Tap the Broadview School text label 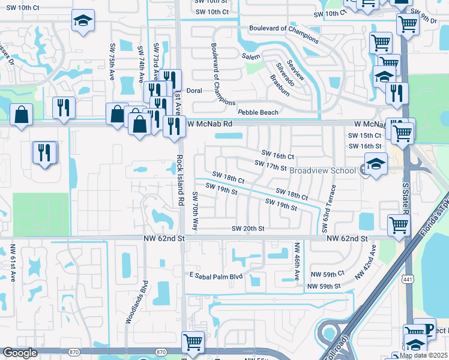coord(324,170)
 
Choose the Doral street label coord(194,91)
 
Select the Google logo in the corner coord(20,353)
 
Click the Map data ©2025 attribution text coord(423,355)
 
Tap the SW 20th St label coord(249,229)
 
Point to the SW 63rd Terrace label coord(328,208)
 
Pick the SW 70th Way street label coord(194,211)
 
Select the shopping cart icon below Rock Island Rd coord(193,342)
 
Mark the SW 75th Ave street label coord(112,62)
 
